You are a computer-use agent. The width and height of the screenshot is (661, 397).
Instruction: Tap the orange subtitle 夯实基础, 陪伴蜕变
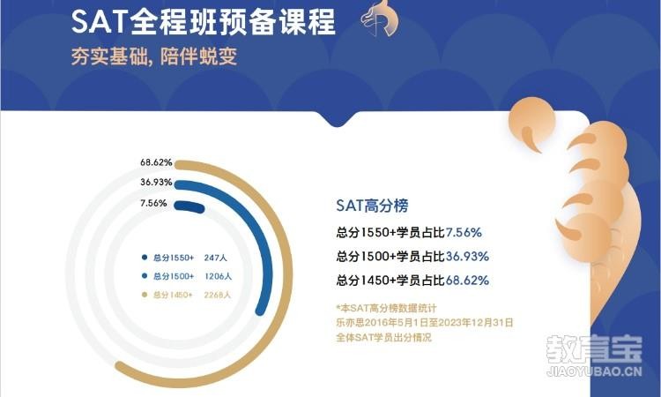point(153,56)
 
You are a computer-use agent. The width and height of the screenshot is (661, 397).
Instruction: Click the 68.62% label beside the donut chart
point(155,163)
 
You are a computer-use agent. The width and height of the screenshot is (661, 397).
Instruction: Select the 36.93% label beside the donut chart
point(155,183)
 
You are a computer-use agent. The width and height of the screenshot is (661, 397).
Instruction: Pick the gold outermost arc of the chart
point(291,265)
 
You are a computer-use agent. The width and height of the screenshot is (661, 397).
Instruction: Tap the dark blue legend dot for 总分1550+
point(144,258)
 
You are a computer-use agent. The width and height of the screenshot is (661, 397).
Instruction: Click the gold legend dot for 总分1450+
point(144,295)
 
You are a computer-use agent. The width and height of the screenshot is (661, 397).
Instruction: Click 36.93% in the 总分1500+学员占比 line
point(466,257)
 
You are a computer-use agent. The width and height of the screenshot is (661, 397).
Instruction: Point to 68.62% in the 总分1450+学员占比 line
point(466,281)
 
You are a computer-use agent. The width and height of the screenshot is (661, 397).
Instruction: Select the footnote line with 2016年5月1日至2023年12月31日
point(424,323)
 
